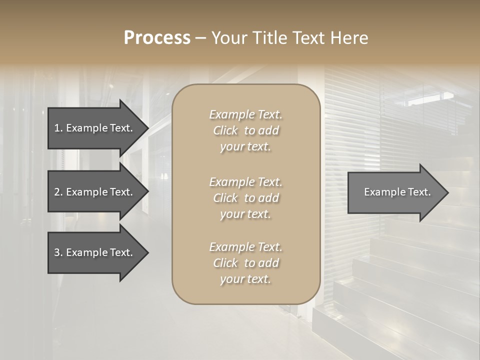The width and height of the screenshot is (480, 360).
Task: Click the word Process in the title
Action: point(157,38)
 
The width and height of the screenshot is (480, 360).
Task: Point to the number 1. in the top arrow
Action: point(58,128)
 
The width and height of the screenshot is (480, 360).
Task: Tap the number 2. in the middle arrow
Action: point(58,192)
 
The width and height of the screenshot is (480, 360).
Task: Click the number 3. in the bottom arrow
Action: point(58,252)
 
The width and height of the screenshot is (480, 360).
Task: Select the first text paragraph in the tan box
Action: point(245,130)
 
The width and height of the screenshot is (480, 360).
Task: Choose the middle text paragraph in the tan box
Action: point(245,198)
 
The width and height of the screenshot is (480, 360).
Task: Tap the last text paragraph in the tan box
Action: point(245,263)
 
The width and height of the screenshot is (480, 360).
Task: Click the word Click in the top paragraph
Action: point(225,131)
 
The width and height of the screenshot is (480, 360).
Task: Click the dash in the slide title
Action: point(200,38)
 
